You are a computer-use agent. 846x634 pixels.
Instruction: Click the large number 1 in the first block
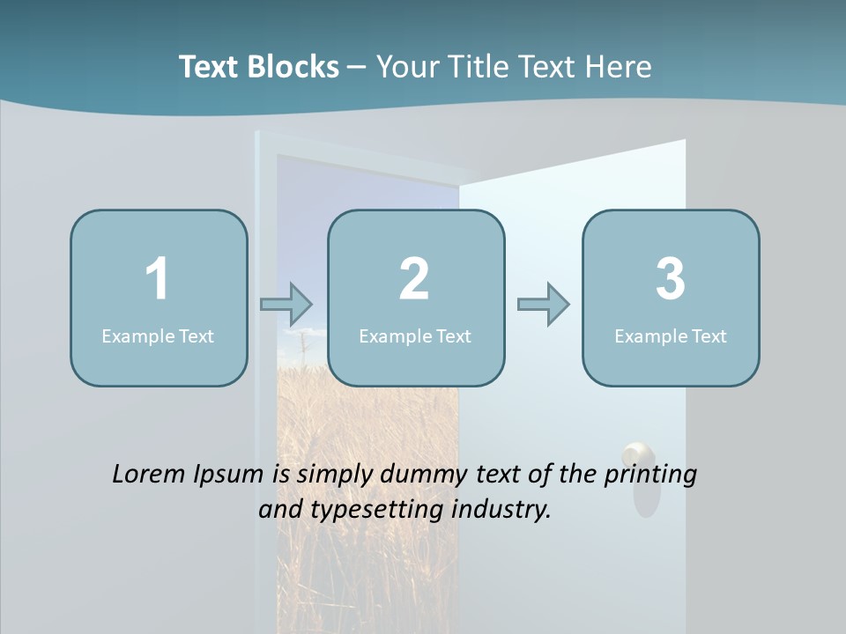pos(157,279)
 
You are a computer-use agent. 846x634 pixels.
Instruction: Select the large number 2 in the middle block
pos(414,279)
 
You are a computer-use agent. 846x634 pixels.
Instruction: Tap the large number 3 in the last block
pos(671,279)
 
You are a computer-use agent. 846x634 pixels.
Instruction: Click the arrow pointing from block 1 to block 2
pos(286,305)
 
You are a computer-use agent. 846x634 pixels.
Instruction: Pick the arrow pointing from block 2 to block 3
pos(543,305)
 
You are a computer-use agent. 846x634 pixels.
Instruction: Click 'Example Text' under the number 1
pos(158,335)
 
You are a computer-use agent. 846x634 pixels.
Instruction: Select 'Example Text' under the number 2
pos(415,335)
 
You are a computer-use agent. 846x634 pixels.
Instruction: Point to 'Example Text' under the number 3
pos(671,335)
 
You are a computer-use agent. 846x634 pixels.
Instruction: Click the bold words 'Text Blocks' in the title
pos(258,67)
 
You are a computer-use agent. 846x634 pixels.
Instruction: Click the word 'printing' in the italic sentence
pos(650,475)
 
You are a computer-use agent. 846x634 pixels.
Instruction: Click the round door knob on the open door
pos(637,457)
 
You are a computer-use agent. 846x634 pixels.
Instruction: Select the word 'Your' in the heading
pos(405,67)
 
